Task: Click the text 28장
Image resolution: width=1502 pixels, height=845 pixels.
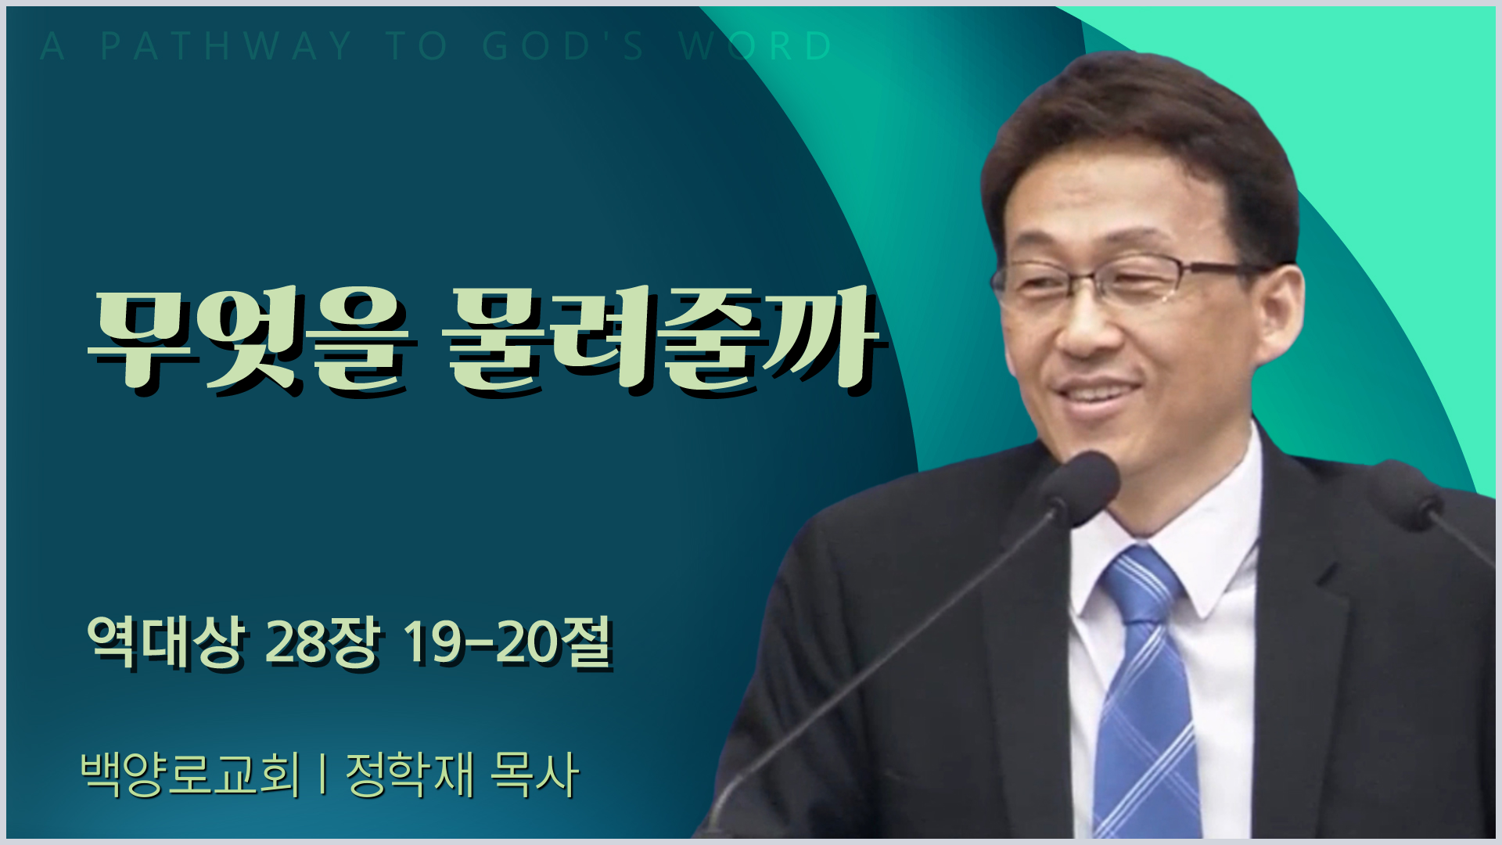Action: pyautogui.click(x=323, y=643)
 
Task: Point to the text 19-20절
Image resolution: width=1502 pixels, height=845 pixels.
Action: pyautogui.click(x=507, y=643)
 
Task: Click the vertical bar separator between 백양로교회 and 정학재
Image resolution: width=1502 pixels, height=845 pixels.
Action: pyautogui.click(x=323, y=775)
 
